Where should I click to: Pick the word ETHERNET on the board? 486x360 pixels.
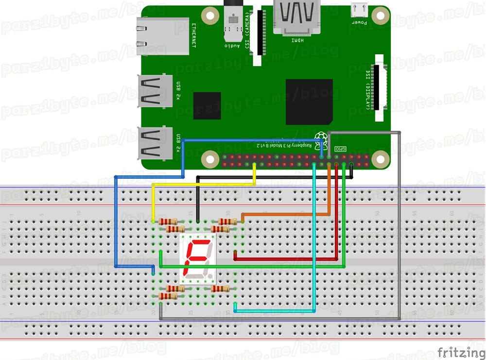click(193, 35)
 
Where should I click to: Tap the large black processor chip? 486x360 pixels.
click(309, 102)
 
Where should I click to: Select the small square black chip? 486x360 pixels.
click(207, 105)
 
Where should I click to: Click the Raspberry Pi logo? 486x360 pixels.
click(320, 136)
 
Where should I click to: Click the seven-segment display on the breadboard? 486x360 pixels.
click(197, 260)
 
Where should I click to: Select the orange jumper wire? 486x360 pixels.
click(287, 214)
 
